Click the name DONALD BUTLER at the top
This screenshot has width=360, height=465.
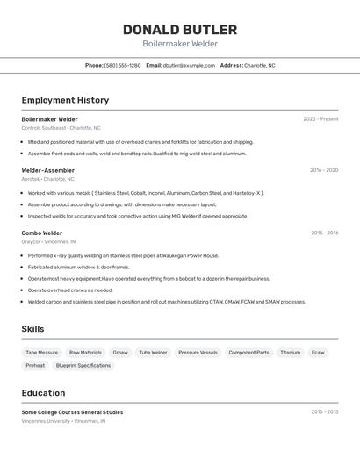(x=180, y=29)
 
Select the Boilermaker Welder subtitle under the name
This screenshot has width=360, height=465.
(x=180, y=44)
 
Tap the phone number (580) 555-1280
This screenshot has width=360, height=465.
(x=122, y=65)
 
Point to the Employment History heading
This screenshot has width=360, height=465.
(x=65, y=100)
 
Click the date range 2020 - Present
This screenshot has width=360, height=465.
(x=320, y=119)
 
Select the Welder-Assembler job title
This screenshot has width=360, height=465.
(x=48, y=170)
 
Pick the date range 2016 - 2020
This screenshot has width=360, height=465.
(x=323, y=170)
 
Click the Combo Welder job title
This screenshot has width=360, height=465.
(x=42, y=232)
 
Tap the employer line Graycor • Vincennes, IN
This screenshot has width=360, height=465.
(x=48, y=241)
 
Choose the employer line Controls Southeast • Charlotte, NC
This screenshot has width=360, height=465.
(x=61, y=128)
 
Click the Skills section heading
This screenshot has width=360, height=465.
(x=33, y=329)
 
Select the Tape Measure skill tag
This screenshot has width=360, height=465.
(x=42, y=353)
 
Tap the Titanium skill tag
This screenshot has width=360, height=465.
(x=290, y=353)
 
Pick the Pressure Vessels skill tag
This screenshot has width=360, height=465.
(x=198, y=353)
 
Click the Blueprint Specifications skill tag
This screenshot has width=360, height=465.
(x=83, y=365)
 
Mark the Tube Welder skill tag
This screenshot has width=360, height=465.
(x=153, y=353)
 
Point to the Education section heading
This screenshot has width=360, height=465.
(x=43, y=393)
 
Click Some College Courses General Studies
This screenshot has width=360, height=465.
(x=72, y=412)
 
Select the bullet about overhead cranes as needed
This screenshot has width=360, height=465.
(x=70, y=290)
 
